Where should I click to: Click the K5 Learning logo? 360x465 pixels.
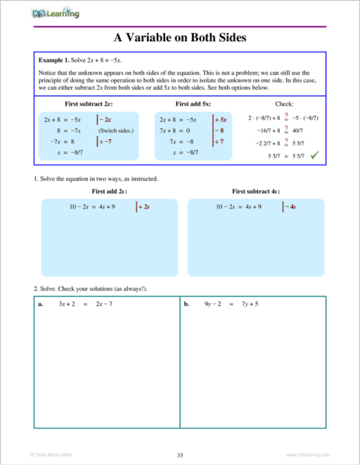(56, 13)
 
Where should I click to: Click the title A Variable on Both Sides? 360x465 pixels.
(179, 37)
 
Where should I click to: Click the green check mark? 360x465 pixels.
(314, 154)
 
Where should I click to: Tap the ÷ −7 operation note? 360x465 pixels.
(105, 141)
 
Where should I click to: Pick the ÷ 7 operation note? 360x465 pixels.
(220, 141)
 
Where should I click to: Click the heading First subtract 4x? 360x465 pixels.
(256, 192)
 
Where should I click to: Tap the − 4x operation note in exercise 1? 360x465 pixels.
(286, 206)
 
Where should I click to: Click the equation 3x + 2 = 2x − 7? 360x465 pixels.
(85, 304)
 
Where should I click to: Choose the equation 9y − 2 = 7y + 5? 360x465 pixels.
(231, 304)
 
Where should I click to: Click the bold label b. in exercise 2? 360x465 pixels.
(187, 304)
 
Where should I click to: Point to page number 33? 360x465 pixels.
(180, 454)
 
